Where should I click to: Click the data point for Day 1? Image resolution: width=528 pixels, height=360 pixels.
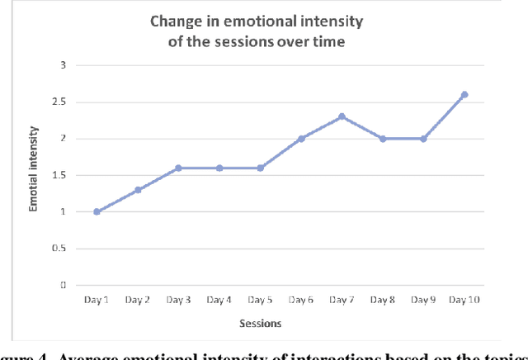pyautogui.click(x=97, y=211)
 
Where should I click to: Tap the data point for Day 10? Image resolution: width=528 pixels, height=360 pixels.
pyautogui.click(x=464, y=94)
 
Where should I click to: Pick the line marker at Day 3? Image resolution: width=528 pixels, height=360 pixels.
pyautogui.click(x=178, y=168)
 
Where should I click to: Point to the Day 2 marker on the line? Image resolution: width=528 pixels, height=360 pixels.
pyautogui.click(x=138, y=190)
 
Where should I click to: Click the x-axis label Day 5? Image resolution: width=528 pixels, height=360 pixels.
pyautogui.click(x=259, y=300)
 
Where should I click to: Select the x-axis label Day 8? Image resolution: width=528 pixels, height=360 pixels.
pyautogui.click(x=382, y=300)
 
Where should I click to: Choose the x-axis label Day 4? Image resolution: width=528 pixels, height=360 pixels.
pyautogui.click(x=219, y=300)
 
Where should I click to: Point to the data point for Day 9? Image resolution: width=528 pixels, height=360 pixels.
pyautogui.click(x=423, y=139)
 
